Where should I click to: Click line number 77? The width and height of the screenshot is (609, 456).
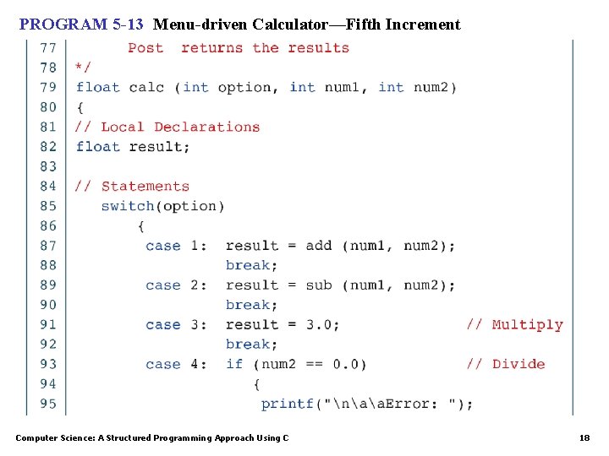point(48,48)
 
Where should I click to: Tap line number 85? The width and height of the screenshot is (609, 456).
point(48,206)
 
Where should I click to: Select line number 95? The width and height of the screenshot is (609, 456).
point(48,404)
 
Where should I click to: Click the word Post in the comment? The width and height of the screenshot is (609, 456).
point(145,48)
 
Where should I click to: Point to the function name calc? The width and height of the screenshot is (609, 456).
point(146,88)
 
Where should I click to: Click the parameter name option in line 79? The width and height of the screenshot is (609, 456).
point(245,88)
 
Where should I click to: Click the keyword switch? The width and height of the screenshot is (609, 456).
point(127,206)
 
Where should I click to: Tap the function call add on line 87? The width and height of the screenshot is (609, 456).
point(319,246)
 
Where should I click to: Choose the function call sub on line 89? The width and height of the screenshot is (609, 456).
point(319,285)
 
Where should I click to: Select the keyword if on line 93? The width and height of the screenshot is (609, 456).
point(234,364)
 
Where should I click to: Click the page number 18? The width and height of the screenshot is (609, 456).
point(584,437)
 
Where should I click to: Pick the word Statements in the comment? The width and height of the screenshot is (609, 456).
point(145,187)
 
